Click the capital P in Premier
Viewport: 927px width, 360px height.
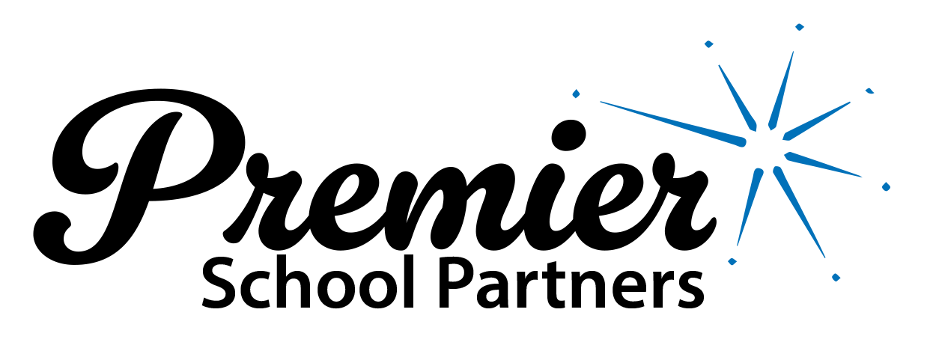click(x=136, y=174)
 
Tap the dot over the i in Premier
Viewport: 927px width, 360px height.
click(x=568, y=135)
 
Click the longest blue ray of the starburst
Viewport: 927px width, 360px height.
click(x=673, y=123)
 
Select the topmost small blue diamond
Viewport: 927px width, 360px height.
click(x=800, y=27)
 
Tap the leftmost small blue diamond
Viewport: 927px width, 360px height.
click(x=576, y=94)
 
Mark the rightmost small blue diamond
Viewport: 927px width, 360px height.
click(x=886, y=186)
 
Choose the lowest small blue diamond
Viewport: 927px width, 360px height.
click(x=836, y=278)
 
